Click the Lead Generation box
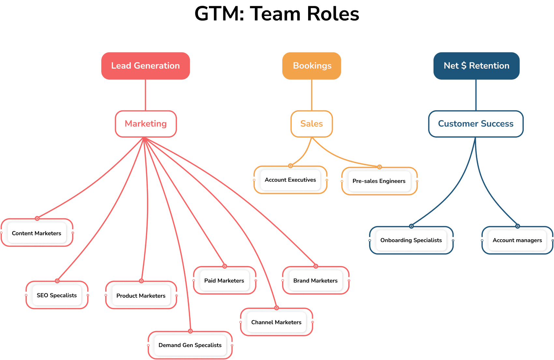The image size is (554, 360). pos(146,66)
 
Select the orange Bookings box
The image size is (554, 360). pos(312,66)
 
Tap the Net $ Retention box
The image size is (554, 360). pos(476,66)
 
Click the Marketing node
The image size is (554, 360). pos(146,124)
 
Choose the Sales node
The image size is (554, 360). pos(312,124)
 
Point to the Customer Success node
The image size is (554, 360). pos(476,124)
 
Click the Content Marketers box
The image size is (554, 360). pos(37,233)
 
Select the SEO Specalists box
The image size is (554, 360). pos(57,295)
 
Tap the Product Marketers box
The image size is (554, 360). pos(141,296)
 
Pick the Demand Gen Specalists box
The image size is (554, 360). pos(190,345)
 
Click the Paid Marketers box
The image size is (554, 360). pos(224,281)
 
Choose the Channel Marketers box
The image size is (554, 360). pos(277,322)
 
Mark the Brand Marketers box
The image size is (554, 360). pos(316,281)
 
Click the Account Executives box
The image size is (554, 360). pos(291,180)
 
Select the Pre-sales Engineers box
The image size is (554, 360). pos(379,181)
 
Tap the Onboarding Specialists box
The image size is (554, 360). pos(411,240)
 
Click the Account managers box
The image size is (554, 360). pos(518,240)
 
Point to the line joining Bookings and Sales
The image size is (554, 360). pos(312,95)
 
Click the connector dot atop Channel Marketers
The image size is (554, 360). pos(277,308)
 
